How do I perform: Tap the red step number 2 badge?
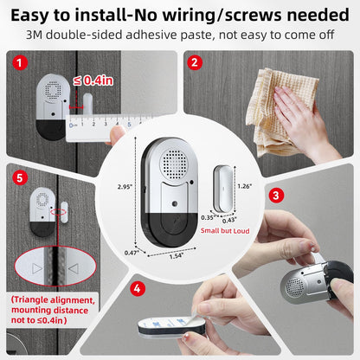(x=195, y=62)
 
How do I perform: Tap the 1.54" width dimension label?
(x=177, y=256)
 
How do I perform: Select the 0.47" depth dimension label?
(x=131, y=252)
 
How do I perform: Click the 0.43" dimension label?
(x=229, y=221)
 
